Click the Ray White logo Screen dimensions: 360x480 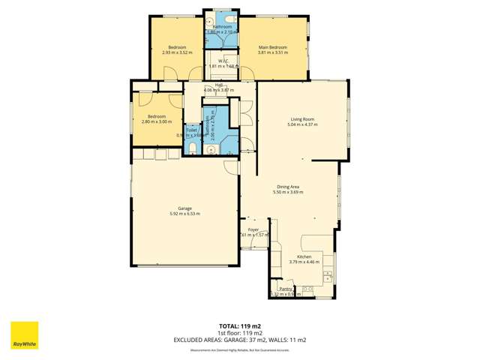24,336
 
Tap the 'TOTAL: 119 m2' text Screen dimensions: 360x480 240,326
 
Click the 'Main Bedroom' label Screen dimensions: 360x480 272,47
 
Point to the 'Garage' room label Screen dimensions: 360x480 184,208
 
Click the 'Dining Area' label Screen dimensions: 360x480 289,187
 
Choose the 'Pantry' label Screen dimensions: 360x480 285,289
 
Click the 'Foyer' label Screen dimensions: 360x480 253,229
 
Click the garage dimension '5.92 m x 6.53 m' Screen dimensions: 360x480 184,214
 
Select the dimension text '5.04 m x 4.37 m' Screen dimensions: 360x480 302,124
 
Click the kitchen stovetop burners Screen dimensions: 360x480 307,289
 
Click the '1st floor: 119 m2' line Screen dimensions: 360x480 240,333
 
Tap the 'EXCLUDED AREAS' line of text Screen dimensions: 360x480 240,340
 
